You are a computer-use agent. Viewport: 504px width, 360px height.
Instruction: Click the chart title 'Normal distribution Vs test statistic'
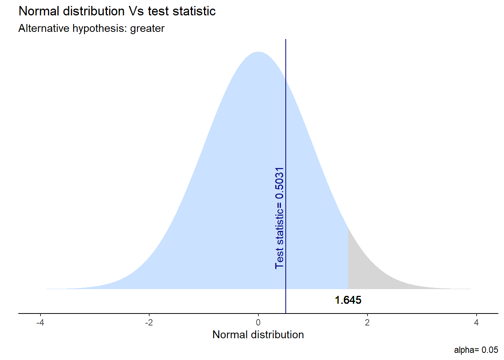click(117, 11)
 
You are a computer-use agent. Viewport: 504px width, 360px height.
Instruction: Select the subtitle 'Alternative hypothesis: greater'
click(91, 28)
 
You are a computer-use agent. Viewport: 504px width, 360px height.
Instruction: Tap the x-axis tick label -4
click(40, 322)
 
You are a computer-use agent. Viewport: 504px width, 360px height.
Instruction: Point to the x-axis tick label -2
click(149, 322)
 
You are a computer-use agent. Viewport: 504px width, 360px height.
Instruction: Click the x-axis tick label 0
click(258, 322)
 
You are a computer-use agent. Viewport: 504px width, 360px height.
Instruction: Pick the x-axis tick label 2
click(367, 322)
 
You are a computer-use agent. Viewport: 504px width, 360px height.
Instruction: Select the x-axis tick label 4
click(476, 322)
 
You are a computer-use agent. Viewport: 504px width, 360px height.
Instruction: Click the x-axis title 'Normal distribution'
click(258, 334)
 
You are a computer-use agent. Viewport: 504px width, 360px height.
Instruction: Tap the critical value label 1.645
click(348, 300)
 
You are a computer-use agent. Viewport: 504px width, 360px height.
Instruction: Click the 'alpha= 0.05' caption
click(476, 350)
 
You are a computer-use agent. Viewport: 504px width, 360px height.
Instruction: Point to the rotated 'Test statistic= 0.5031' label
click(279, 218)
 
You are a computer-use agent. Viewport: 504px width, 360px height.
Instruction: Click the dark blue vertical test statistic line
click(286, 112)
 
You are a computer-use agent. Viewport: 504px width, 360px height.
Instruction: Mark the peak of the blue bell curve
click(258, 52)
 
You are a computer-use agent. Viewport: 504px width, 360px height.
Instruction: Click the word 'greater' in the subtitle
click(147, 28)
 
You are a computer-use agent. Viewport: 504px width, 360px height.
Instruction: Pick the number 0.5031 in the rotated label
click(279, 183)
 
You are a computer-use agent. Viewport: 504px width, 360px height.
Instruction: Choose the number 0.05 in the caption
click(490, 350)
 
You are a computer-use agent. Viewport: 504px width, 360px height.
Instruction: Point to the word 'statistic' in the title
click(194, 11)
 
